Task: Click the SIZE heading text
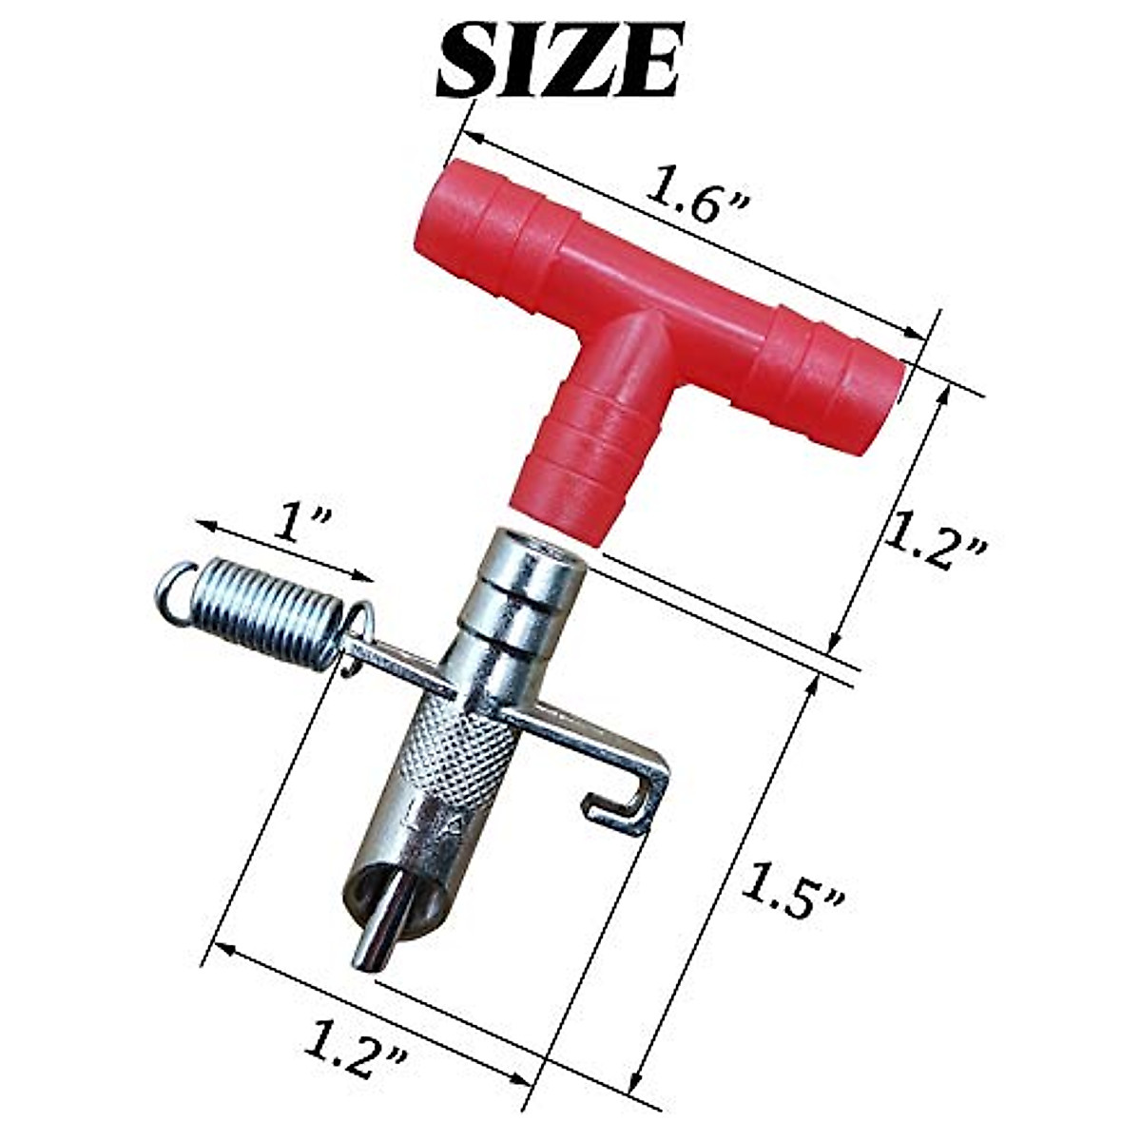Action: coord(556,61)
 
